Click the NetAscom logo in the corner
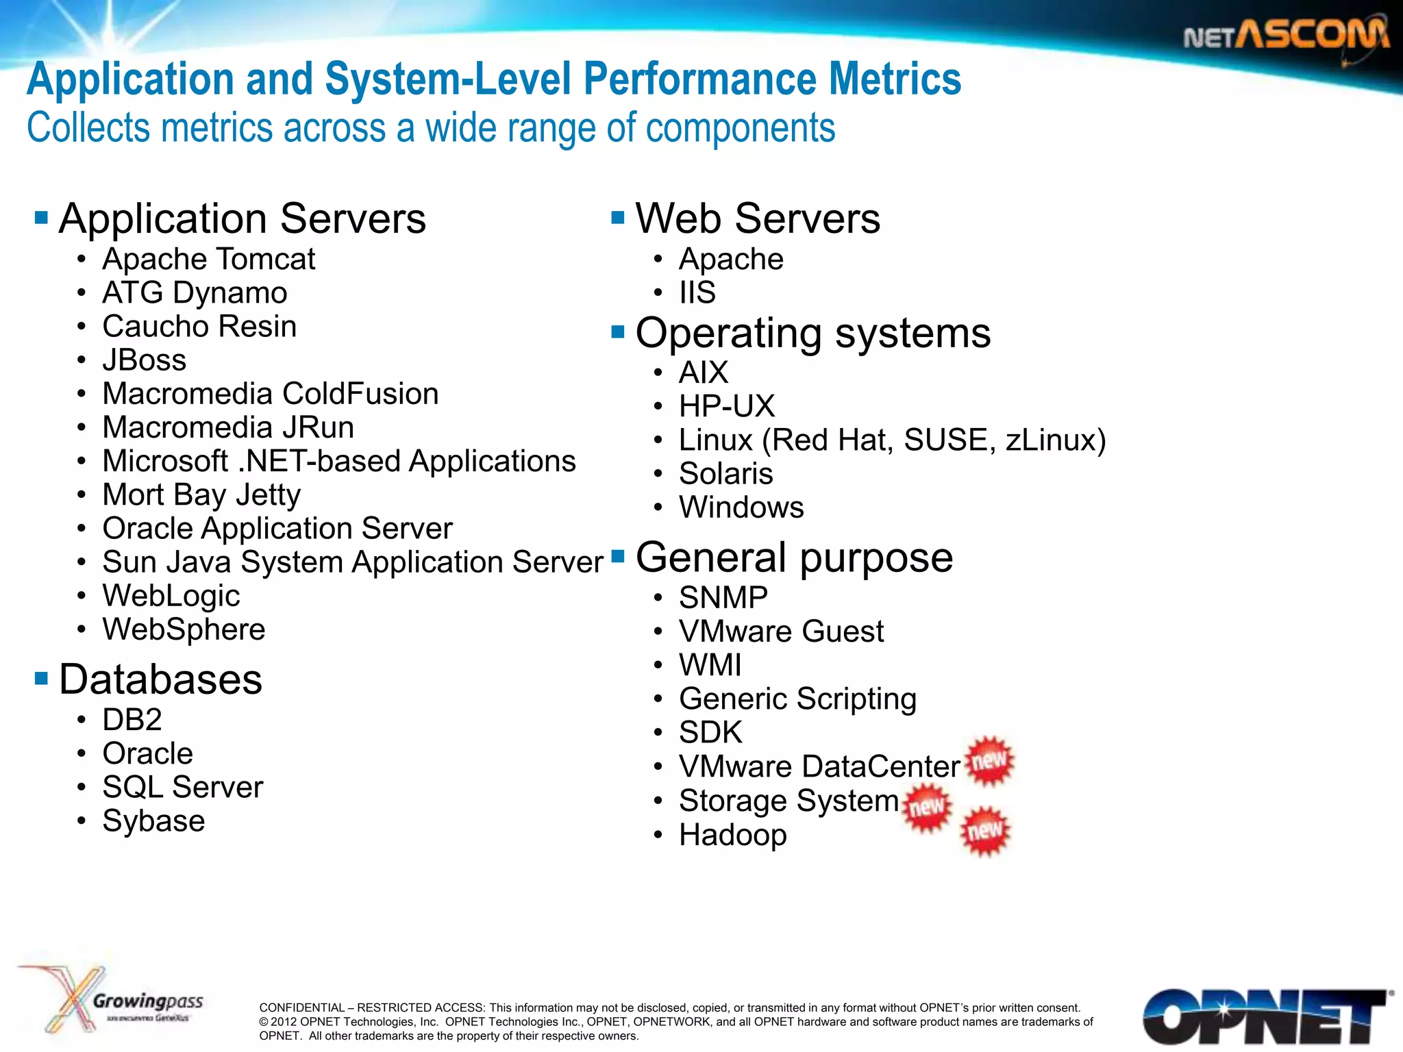point(1286,36)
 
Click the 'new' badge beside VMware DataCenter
point(989,761)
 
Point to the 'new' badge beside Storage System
point(928,807)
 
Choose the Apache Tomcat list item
point(208,260)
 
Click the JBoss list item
point(144,360)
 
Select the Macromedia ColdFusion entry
point(270,394)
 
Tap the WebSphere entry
point(184,629)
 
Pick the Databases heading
point(160,679)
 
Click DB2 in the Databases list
point(132,720)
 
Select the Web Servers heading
point(758,218)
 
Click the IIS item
point(697,293)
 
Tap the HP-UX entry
point(726,406)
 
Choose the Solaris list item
point(725,474)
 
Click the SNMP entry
point(723,598)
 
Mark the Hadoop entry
point(732,835)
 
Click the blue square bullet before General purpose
point(618,555)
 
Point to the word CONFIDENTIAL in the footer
point(301,1007)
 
